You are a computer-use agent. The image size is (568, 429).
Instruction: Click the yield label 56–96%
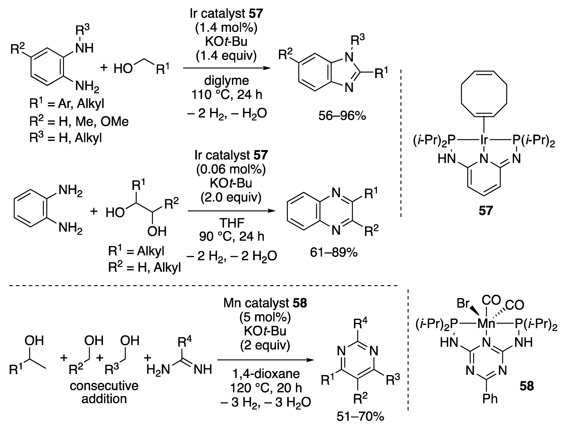(342, 116)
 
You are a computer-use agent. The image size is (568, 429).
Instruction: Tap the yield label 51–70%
(360, 416)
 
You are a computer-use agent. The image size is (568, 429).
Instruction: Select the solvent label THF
(231, 223)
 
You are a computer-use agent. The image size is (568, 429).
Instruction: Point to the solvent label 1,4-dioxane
(266, 374)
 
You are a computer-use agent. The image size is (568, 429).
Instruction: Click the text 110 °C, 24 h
(227, 95)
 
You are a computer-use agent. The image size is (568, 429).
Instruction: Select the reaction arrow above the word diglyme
(227, 68)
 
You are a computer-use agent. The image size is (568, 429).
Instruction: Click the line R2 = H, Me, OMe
(79, 121)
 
